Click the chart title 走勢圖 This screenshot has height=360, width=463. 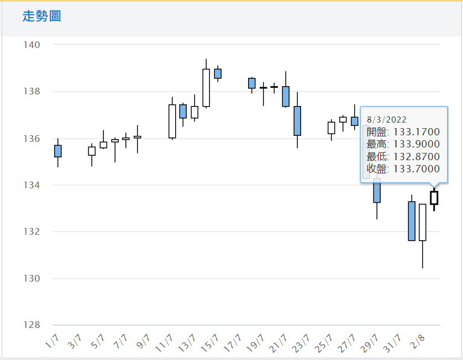[41, 17]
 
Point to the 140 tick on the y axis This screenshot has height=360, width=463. [31, 45]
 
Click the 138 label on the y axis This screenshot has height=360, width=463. [31, 92]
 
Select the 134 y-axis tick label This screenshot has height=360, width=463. [31, 185]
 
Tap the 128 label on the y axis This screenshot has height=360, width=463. [31, 325]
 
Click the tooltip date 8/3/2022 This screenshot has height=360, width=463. [387, 119]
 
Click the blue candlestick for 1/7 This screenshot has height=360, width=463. [58, 151]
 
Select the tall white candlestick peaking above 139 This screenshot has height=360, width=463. [206, 87]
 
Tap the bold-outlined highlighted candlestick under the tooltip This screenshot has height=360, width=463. [434, 198]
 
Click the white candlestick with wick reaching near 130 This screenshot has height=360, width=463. [423, 222]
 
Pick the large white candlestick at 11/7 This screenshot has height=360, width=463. [172, 121]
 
